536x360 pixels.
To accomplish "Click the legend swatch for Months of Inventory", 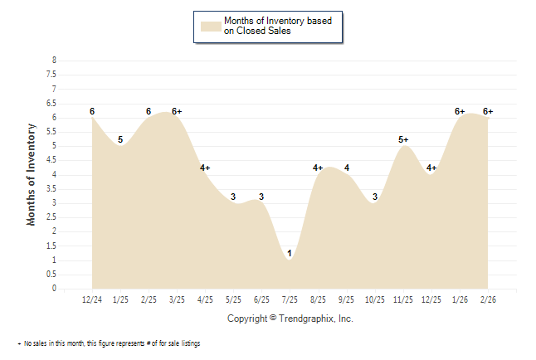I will [212, 26].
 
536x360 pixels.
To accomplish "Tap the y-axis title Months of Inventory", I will [32, 174].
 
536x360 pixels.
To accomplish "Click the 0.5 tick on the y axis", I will [53, 275].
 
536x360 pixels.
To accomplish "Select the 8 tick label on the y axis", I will [55, 61].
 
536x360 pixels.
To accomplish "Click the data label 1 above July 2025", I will [290, 253].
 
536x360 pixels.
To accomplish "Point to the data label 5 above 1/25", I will [120, 139].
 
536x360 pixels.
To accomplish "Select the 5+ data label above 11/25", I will [404, 139].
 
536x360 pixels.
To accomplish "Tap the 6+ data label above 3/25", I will [177, 111].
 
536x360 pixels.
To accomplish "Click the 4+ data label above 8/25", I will [318, 168].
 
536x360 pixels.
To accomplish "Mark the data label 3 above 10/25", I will [375, 197].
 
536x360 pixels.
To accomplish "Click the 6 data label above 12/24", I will [92, 111].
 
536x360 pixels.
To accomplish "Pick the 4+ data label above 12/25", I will [431, 168].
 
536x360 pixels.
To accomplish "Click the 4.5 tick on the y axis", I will [53, 160].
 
